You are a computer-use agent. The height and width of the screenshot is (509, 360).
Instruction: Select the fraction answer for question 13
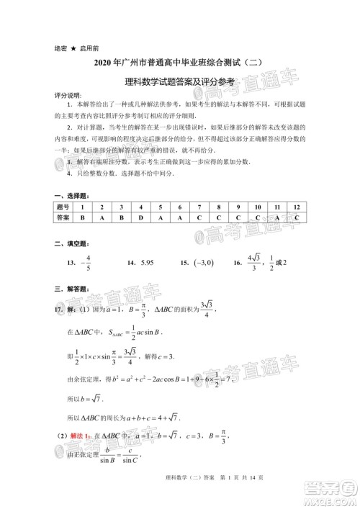[x=86, y=263]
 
